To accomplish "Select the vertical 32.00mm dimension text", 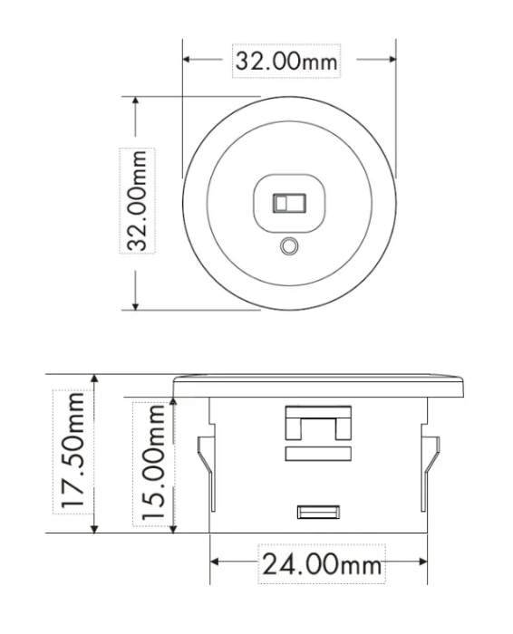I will tap(137, 201).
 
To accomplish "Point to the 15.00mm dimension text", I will tap(152, 461).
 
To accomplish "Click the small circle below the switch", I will tap(290, 245).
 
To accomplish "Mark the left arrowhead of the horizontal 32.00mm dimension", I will tap(188, 61).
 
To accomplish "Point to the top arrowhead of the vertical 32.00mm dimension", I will tap(136, 101).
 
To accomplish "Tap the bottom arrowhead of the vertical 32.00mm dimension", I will tap(136, 305).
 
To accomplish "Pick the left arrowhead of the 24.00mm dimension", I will tap(216, 563).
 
